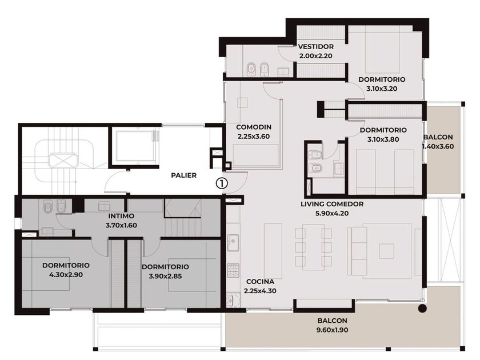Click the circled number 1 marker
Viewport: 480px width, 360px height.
click(222, 183)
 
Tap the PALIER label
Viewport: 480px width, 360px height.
click(183, 175)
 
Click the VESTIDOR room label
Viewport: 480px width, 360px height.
click(316, 46)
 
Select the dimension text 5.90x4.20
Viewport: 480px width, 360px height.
click(332, 213)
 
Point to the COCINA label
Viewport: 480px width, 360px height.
click(260, 282)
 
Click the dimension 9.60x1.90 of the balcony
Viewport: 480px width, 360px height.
click(332, 330)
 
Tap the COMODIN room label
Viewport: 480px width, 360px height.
click(254, 127)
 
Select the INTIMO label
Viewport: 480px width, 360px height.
click(121, 216)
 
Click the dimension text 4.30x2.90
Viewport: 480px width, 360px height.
click(66, 275)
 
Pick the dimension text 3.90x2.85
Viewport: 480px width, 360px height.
click(165, 276)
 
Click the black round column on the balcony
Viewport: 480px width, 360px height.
click(422, 309)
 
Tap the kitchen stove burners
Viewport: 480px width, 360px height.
click(233, 271)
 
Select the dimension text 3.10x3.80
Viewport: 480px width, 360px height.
click(383, 139)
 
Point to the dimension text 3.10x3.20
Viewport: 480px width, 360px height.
click(382, 89)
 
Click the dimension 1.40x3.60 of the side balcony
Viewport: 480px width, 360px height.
click(438, 147)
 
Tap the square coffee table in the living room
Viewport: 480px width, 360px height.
click(387, 251)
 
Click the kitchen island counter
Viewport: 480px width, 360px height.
click(273, 247)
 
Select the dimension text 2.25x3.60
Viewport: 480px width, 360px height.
click(254, 137)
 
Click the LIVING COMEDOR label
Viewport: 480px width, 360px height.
click(332, 204)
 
